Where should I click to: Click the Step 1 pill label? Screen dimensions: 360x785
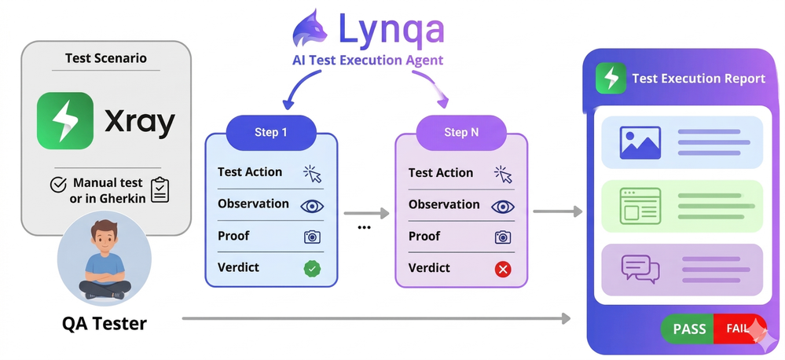270,132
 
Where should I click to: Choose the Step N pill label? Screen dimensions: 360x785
460,132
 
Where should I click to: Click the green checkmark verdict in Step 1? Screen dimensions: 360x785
312,268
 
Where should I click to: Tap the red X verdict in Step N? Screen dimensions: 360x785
503,269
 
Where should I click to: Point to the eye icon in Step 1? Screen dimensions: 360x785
312,205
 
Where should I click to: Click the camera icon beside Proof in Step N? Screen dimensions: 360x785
503,237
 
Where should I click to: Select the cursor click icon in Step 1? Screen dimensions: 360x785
312,174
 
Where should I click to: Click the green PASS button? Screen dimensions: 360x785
689,329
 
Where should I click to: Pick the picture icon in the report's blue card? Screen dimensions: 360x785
640,142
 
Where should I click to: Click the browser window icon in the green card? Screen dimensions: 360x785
640,205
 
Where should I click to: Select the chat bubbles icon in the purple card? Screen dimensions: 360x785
640,269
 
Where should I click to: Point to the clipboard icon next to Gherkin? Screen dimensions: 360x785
160,190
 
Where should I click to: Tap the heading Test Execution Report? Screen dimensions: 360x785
698,79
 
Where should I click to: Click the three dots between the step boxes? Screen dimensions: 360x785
364,228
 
